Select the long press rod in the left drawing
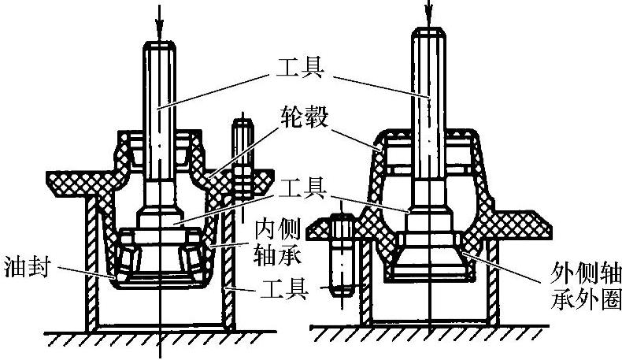[x=160, y=102]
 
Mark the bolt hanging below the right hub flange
[x=344, y=256]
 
